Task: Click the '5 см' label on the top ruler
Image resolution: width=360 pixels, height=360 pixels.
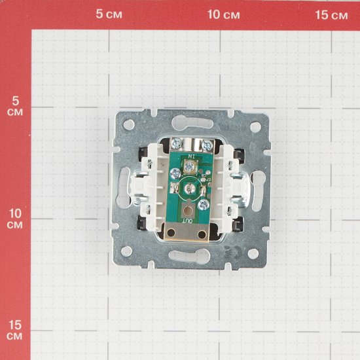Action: coord(109,14)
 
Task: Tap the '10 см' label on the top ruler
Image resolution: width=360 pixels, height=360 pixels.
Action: coord(223,14)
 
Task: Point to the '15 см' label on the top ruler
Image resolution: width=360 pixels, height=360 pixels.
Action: coord(331,15)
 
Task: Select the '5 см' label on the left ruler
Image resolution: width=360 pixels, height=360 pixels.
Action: coord(15,106)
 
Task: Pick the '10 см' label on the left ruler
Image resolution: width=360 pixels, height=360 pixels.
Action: coord(15,219)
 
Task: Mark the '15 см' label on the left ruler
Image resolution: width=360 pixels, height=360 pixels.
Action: coord(15,331)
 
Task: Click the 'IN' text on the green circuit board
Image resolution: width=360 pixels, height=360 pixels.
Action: coord(191,156)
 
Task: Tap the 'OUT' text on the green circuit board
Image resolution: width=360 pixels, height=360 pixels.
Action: coord(187,221)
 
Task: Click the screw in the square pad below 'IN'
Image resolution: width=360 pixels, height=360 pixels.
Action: coord(189,166)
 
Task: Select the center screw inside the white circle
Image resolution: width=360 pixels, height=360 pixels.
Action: coord(190,189)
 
